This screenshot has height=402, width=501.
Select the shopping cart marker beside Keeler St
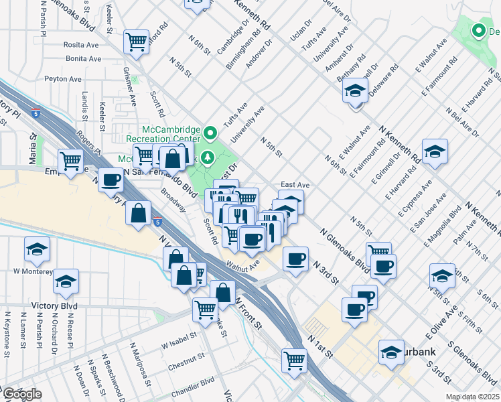pos(137,42)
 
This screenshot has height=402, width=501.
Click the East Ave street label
pos(295,184)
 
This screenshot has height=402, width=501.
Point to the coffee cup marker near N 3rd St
pos(295,259)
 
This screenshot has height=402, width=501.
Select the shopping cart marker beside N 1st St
pos(294,360)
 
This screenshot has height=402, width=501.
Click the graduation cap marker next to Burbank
pos(392,352)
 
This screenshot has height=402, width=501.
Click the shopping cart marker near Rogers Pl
pos(71,160)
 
